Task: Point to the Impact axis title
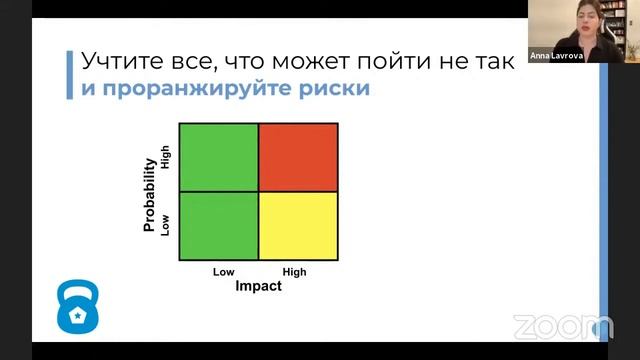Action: tap(258, 286)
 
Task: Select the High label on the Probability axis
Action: tap(166, 155)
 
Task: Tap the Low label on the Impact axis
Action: tap(223, 271)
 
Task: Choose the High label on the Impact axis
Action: tap(295, 271)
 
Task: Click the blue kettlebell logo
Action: tap(76, 307)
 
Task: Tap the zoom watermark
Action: tap(562, 326)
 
